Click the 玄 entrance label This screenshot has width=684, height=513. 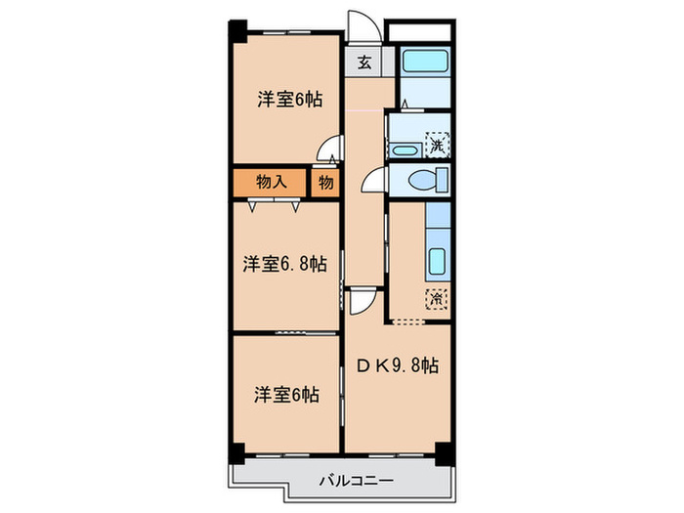click(x=363, y=63)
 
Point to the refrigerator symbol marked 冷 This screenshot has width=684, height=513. click(x=435, y=300)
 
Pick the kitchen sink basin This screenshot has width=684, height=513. click(x=437, y=262)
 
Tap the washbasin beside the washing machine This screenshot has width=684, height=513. click(x=403, y=150)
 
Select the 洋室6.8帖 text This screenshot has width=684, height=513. click(x=284, y=264)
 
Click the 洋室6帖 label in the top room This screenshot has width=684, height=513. click(x=290, y=99)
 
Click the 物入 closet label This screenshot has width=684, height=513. click(x=271, y=182)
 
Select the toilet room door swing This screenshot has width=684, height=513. click(x=373, y=179)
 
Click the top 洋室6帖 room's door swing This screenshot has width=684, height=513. click(x=332, y=151)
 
